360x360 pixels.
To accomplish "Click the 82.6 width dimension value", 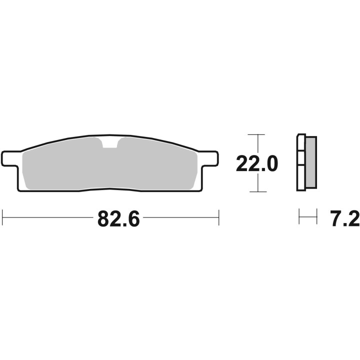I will [118, 218].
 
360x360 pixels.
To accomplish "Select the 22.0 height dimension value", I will [256, 163].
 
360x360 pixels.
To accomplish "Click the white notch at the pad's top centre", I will [110, 143].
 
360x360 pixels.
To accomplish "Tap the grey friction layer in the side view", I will [310, 162].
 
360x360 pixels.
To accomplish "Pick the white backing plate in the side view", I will [301, 162].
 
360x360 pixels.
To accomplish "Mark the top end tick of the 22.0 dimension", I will [256, 135].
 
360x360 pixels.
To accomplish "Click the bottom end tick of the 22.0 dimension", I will [256, 191].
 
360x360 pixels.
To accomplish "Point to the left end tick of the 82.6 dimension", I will [3, 217].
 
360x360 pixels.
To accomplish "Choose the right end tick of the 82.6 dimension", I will [218, 217].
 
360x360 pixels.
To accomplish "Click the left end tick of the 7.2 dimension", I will [299, 217].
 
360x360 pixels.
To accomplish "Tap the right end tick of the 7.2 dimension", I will [317, 217].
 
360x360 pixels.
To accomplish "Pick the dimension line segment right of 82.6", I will [180, 217].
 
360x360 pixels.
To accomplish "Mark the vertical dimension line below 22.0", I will [256, 182].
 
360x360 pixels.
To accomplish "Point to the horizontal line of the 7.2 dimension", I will [308, 217].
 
